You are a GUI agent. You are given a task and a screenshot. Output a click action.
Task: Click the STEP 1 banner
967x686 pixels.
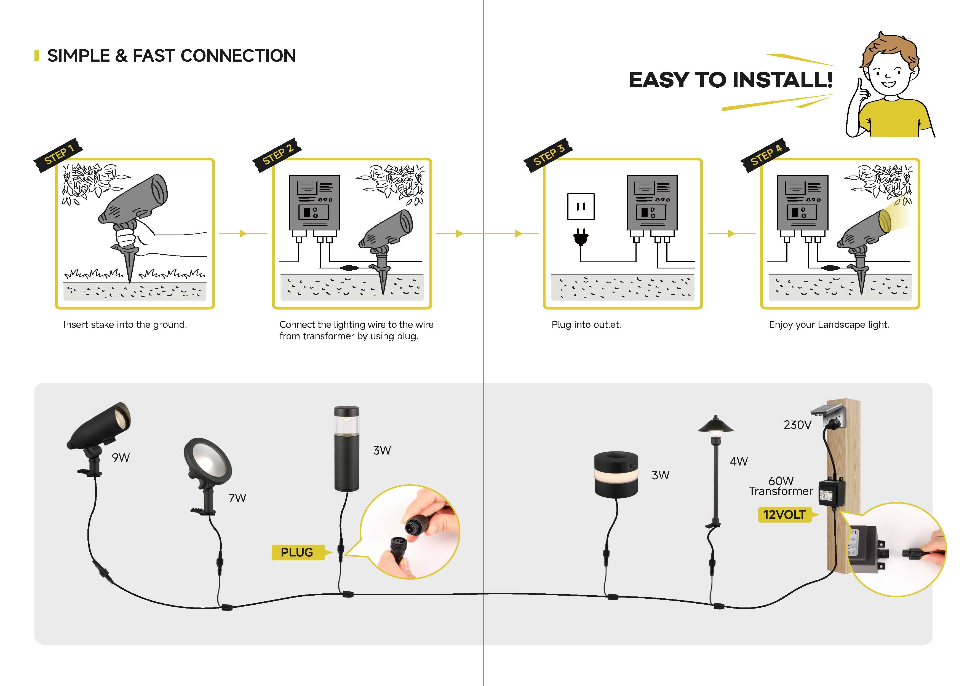tap(58, 155)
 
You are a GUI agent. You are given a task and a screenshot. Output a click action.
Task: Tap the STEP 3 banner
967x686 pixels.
tap(548, 155)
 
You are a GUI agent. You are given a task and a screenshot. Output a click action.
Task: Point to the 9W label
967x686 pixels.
tap(121, 458)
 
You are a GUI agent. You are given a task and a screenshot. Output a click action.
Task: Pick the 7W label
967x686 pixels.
tap(237, 498)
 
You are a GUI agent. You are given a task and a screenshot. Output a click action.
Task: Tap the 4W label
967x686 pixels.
tap(739, 461)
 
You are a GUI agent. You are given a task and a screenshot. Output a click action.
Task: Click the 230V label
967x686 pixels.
tap(798, 425)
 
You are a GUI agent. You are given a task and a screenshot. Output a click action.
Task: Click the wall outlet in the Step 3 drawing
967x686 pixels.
tap(581, 206)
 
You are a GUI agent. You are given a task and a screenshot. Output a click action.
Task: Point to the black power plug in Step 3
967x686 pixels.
tap(581, 237)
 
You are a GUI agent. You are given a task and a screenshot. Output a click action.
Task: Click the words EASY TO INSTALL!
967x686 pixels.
tap(730, 80)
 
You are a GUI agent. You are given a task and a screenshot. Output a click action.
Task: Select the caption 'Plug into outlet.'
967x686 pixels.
tap(586, 324)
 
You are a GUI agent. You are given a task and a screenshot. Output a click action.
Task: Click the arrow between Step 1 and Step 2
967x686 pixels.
tap(244, 234)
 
